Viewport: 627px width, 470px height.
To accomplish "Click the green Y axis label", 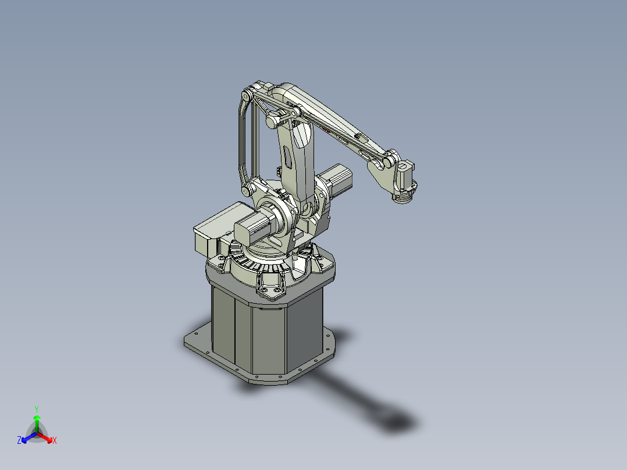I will click(x=36, y=409).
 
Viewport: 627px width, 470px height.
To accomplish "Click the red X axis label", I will click(x=54, y=441).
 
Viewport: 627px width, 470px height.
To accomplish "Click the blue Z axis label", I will click(x=19, y=441).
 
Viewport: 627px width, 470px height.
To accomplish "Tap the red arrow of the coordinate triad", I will click(x=47, y=437).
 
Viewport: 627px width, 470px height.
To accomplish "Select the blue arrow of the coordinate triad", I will click(x=27, y=437).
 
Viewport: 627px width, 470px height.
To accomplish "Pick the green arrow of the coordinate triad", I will click(x=37, y=420).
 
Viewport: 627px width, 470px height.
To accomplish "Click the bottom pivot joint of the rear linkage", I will click(x=248, y=191).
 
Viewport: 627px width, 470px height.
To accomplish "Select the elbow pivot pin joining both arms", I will click(x=272, y=122).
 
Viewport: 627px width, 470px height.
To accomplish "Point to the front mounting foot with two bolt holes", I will click(x=270, y=290).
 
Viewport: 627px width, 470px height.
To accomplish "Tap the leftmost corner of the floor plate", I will click(x=184, y=344).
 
